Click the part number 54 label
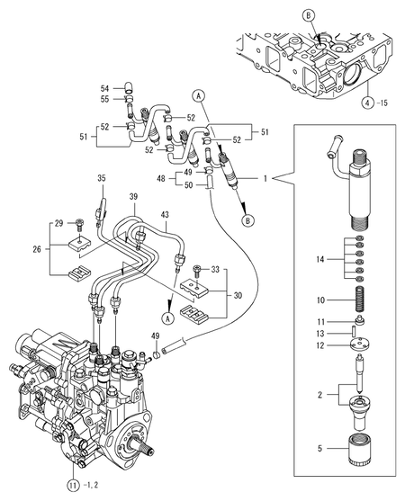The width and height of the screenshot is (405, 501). [x=104, y=88]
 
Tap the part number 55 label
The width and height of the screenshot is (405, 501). [x=104, y=99]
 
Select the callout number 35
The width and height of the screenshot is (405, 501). [x=101, y=178]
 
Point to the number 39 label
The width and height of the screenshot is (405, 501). [x=132, y=196]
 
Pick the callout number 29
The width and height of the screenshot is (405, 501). [x=58, y=222]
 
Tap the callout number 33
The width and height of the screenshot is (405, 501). [x=215, y=269]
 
